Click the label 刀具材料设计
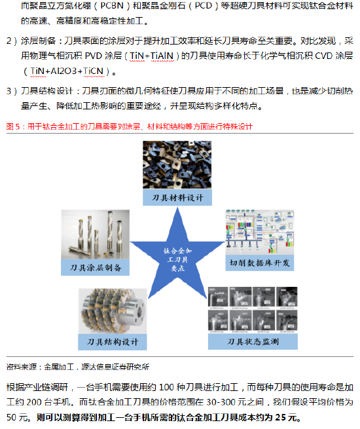click(x=177, y=198)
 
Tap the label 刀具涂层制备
click(x=96, y=267)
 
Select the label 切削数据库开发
click(x=259, y=263)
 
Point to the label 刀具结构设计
click(x=113, y=342)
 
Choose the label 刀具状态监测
click(x=253, y=341)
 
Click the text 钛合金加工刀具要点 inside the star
click(x=177, y=259)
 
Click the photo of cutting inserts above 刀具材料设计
click(x=177, y=164)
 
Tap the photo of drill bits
click(x=96, y=234)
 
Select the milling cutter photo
click(x=113, y=311)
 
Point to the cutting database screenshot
click(x=260, y=233)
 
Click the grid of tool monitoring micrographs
click(x=253, y=310)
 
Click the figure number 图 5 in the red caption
click(x=13, y=126)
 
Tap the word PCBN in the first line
click(x=112, y=5)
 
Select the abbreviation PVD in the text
click(x=94, y=56)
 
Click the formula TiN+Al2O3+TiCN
click(x=67, y=71)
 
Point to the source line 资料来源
click(x=78, y=367)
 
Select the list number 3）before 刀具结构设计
click(x=12, y=91)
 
